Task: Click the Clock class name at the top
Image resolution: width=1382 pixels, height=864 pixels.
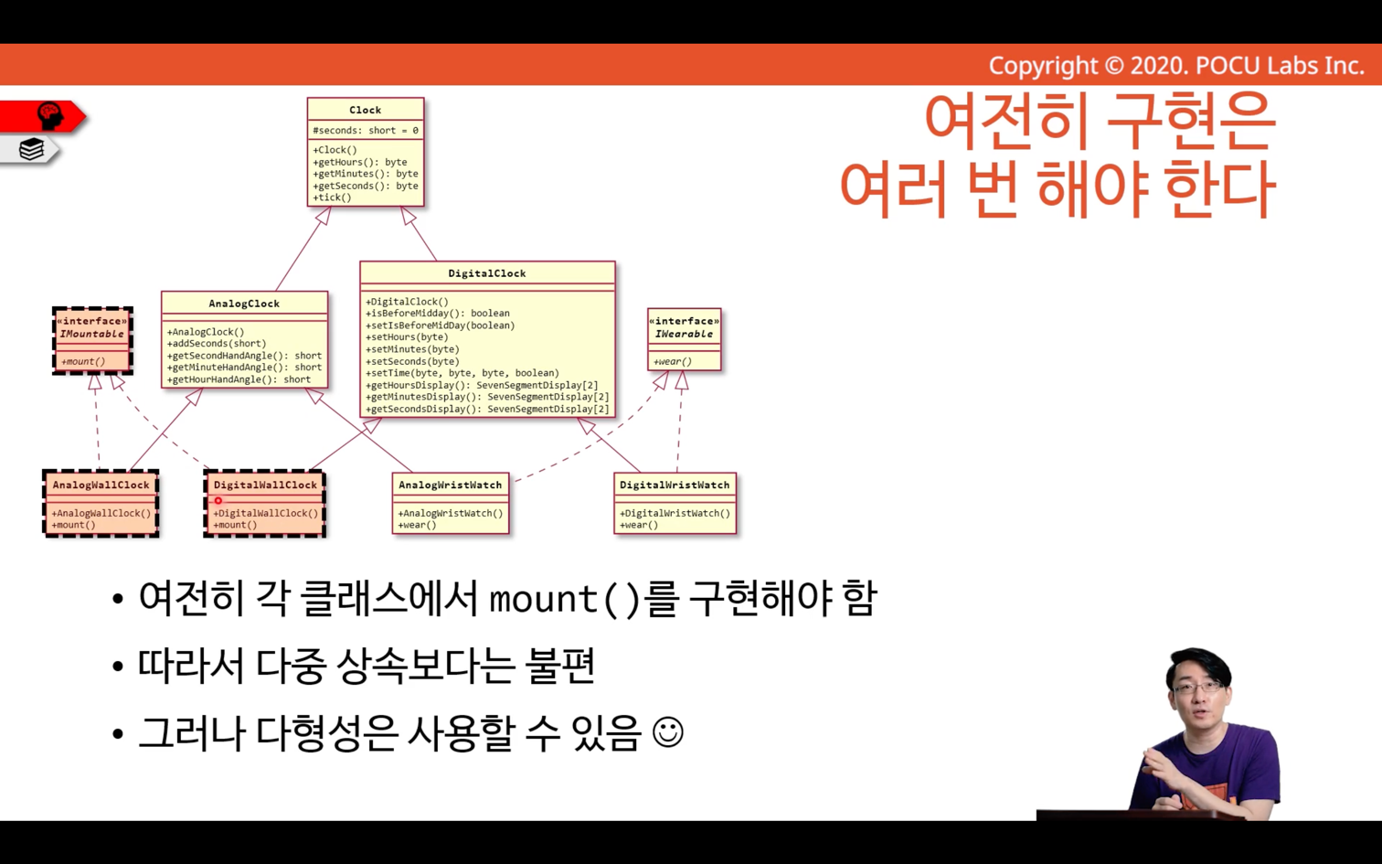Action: click(366, 110)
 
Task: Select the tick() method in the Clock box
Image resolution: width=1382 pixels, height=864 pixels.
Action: click(332, 197)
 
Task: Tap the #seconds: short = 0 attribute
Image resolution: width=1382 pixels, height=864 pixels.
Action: click(366, 130)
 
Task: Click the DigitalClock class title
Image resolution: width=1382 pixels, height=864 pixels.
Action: click(487, 273)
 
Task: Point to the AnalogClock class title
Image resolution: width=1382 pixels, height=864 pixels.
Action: click(244, 304)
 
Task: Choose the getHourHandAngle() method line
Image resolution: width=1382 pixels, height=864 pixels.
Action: click(239, 379)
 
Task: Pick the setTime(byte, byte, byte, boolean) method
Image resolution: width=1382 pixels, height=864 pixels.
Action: click(462, 373)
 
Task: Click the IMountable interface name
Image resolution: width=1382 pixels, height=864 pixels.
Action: click(92, 334)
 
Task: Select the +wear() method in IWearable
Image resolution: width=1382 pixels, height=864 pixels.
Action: click(673, 362)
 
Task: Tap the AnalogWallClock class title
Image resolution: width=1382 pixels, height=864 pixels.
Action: click(101, 485)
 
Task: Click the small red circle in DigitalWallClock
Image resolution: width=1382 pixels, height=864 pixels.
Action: click(218, 500)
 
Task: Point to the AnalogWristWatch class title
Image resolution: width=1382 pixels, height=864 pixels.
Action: click(451, 485)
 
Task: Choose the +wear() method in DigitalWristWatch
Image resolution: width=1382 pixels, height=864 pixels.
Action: click(639, 525)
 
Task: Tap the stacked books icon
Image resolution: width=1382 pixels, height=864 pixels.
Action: click(31, 150)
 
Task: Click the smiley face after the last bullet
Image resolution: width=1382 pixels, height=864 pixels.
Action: click(667, 732)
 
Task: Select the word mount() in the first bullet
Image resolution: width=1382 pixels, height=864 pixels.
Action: click(564, 599)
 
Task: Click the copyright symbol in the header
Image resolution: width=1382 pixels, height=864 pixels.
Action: click(1113, 66)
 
